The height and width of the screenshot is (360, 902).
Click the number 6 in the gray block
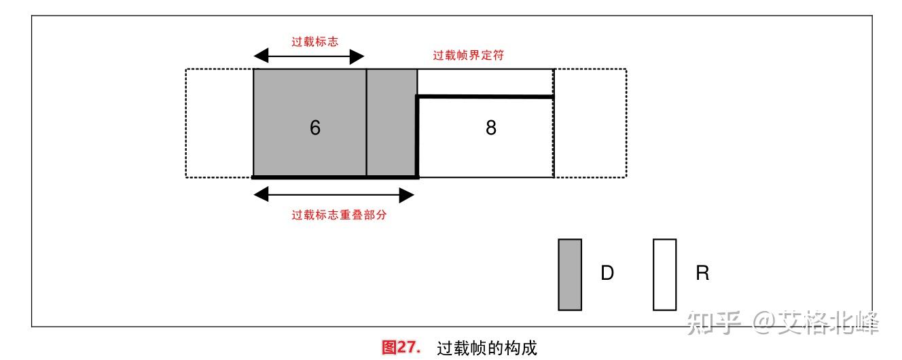pyautogui.click(x=315, y=128)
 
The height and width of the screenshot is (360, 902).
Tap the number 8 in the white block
pyautogui.click(x=491, y=128)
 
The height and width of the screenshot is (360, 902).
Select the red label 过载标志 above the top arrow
pyautogui.click(x=315, y=41)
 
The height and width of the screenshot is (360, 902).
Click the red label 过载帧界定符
pyautogui.click(x=468, y=55)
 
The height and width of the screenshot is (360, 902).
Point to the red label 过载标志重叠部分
pyautogui.click(x=339, y=215)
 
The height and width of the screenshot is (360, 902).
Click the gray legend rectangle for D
pyautogui.click(x=570, y=274)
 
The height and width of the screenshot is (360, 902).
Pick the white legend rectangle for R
pyautogui.click(x=665, y=274)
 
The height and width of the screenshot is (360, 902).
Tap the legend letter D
pyautogui.click(x=607, y=272)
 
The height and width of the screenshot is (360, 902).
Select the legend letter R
pyautogui.click(x=703, y=272)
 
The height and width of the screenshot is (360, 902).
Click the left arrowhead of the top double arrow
pyautogui.click(x=261, y=56)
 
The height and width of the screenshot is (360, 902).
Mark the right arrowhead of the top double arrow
pyautogui.click(x=357, y=56)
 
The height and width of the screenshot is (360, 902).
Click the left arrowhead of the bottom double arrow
pyautogui.click(x=261, y=194)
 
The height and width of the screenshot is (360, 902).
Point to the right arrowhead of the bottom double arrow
pyautogui.click(x=407, y=196)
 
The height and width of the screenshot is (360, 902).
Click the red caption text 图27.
pyautogui.click(x=401, y=347)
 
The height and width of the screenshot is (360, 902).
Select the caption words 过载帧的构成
pyautogui.click(x=487, y=348)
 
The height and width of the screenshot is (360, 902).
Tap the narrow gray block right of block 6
pyautogui.click(x=392, y=123)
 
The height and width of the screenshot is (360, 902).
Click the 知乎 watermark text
pyautogui.click(x=714, y=323)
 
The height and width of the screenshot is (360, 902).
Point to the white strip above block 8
pyautogui.click(x=485, y=83)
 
